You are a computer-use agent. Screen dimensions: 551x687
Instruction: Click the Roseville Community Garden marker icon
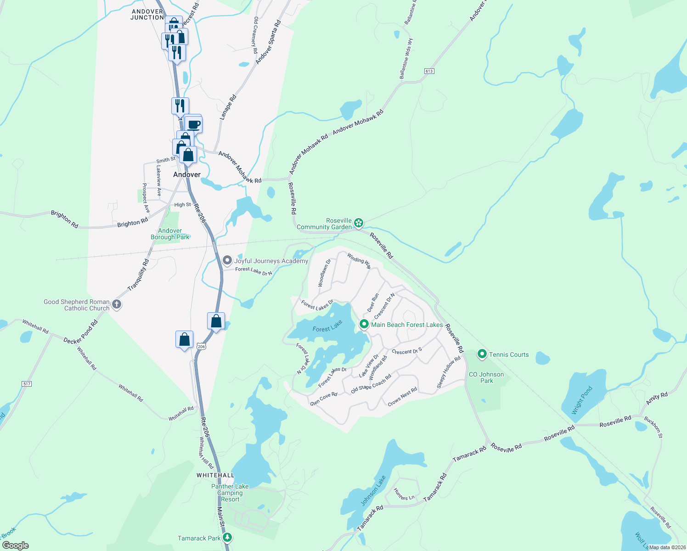coord(359,223)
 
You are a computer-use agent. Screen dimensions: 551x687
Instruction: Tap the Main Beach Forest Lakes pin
coord(364,324)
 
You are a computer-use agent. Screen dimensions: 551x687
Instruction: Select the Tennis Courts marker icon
coord(482,354)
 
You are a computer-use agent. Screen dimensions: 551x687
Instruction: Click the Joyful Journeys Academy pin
coord(227,260)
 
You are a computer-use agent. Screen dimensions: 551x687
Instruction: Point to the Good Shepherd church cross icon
coord(117,304)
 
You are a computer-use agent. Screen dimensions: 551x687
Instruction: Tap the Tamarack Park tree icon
coord(227,538)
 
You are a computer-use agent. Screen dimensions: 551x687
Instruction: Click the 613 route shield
coord(429,71)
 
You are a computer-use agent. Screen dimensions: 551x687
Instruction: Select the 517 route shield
coord(27,383)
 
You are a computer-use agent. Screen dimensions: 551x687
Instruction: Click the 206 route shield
coord(201,346)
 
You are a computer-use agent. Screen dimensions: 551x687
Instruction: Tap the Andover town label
coord(187,174)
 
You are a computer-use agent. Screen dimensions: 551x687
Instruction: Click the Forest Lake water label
coord(327,326)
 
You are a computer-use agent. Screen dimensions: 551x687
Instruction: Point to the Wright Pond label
coord(582,400)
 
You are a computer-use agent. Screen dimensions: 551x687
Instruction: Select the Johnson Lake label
coord(373,491)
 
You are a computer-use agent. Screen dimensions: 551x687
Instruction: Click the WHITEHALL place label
coord(215,475)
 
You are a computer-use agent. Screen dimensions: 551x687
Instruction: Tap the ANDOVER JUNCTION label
coord(147,15)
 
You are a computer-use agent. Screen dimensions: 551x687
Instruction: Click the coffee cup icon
coord(194,124)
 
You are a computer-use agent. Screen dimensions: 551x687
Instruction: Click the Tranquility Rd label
coord(138,275)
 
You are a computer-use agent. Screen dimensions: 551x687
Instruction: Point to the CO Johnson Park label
coord(486,377)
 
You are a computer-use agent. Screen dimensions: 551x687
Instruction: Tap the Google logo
coord(15,545)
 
